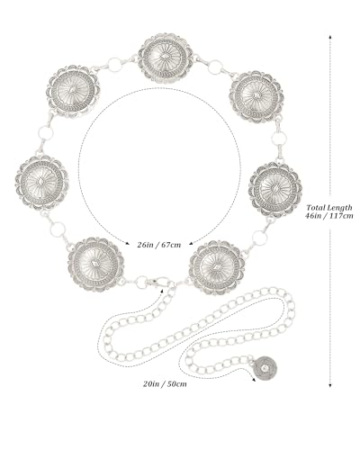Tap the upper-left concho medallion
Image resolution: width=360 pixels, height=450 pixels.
75,91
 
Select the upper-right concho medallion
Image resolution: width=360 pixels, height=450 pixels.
256,96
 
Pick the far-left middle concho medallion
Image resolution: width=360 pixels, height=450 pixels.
41,183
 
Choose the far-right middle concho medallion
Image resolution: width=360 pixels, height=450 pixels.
275,190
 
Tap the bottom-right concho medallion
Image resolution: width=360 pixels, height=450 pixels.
217,267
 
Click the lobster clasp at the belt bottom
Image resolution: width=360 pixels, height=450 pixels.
159,283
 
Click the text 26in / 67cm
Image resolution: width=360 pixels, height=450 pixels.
159,245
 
